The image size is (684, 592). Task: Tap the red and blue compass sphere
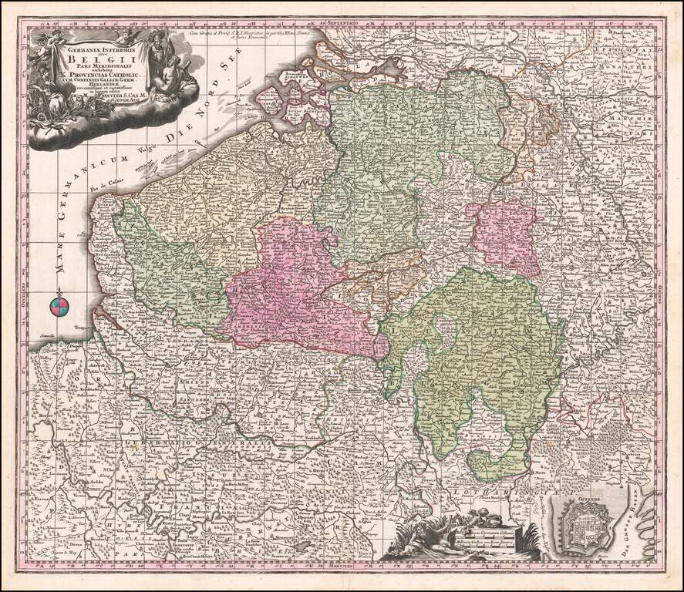(59, 309)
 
